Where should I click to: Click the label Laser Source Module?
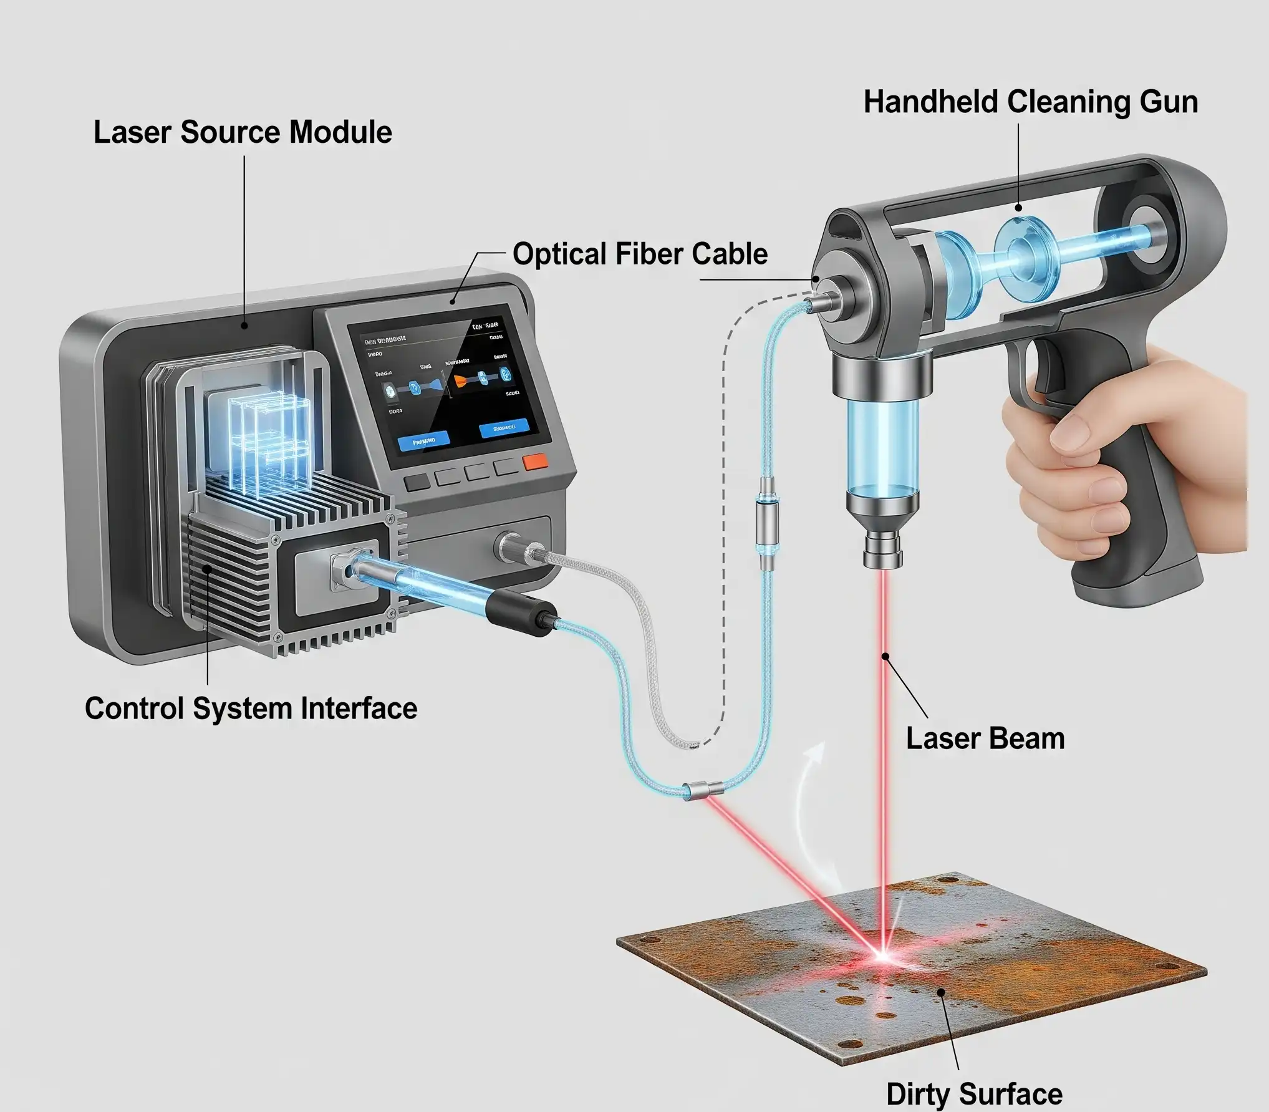click(x=243, y=133)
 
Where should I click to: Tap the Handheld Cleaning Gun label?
click(x=1030, y=102)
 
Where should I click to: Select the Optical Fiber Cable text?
click(x=640, y=254)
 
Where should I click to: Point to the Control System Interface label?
click(x=251, y=708)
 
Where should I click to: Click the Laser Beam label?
click(x=985, y=738)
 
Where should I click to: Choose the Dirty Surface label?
click(x=974, y=1093)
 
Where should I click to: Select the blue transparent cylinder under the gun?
click(x=882, y=446)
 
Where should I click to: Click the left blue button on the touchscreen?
click(x=423, y=441)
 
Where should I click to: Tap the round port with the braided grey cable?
click(x=511, y=546)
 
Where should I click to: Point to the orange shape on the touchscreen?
click(x=460, y=380)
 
